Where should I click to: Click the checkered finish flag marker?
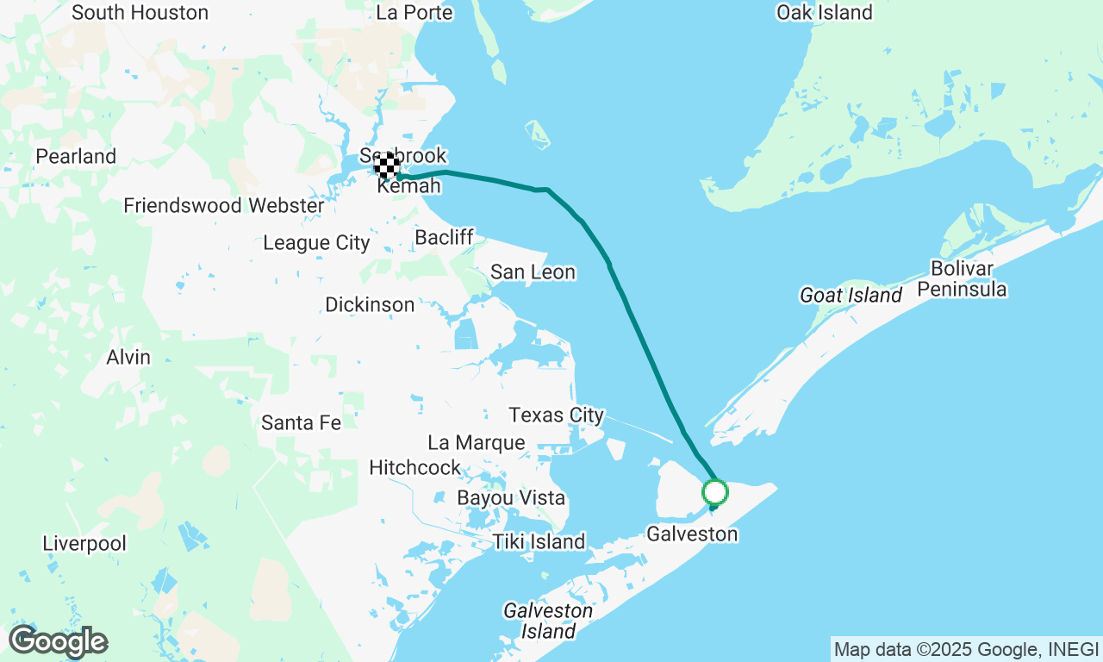(x=388, y=165)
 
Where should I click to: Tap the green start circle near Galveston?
(x=715, y=493)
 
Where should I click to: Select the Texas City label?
(x=557, y=415)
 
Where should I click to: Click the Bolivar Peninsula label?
(x=962, y=278)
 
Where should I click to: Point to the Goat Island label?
(x=851, y=296)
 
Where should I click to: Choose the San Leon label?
(x=533, y=272)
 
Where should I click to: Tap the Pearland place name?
(x=76, y=157)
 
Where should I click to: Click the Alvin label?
(x=128, y=357)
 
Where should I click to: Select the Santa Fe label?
(x=301, y=422)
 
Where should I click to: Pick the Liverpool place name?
(x=84, y=544)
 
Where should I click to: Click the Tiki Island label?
(x=539, y=542)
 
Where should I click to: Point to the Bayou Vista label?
(x=511, y=498)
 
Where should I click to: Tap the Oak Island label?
(x=825, y=13)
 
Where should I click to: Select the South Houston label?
(x=140, y=13)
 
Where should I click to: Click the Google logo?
(x=58, y=642)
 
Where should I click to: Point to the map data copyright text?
(x=966, y=648)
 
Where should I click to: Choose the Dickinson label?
(x=370, y=305)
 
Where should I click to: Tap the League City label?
(x=316, y=243)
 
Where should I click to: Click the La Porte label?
(x=414, y=13)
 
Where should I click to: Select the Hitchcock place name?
(x=414, y=467)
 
